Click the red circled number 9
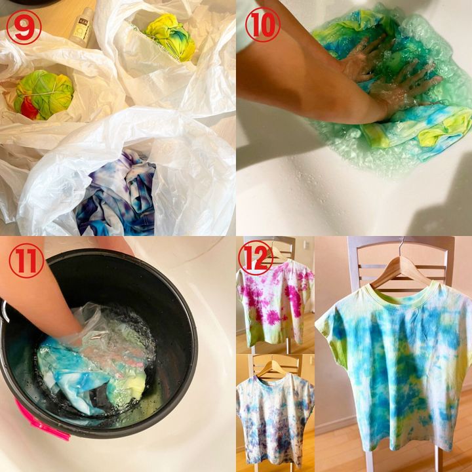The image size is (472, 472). coord(24,27)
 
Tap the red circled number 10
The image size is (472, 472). coord(263,25)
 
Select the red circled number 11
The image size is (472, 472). coord(26,261)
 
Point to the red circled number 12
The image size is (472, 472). coord(256,258)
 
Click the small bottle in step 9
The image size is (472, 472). coord(81,27)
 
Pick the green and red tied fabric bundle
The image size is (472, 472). coord(43,95)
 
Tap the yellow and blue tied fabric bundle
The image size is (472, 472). coord(170,37)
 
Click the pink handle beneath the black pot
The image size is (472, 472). coord(42,420)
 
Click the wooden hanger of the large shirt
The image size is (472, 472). coord(400,271)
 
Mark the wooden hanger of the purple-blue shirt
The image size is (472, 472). coord(273,369)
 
